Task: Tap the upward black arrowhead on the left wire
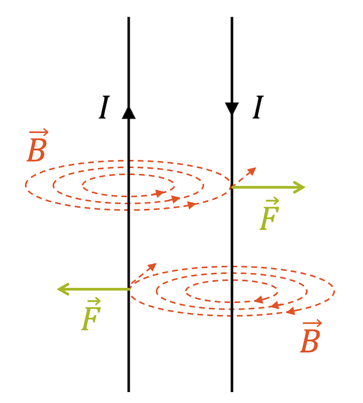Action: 129,112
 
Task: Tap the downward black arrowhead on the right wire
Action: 232,109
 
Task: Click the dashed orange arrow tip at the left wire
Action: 153,265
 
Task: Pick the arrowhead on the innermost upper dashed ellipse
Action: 160,193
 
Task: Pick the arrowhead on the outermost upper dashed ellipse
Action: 192,205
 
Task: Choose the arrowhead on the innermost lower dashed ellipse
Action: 259,300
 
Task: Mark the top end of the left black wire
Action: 129,18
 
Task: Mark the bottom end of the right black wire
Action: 232,391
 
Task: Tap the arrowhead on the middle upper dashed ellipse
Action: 176,199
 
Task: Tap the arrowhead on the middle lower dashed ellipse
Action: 274,306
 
